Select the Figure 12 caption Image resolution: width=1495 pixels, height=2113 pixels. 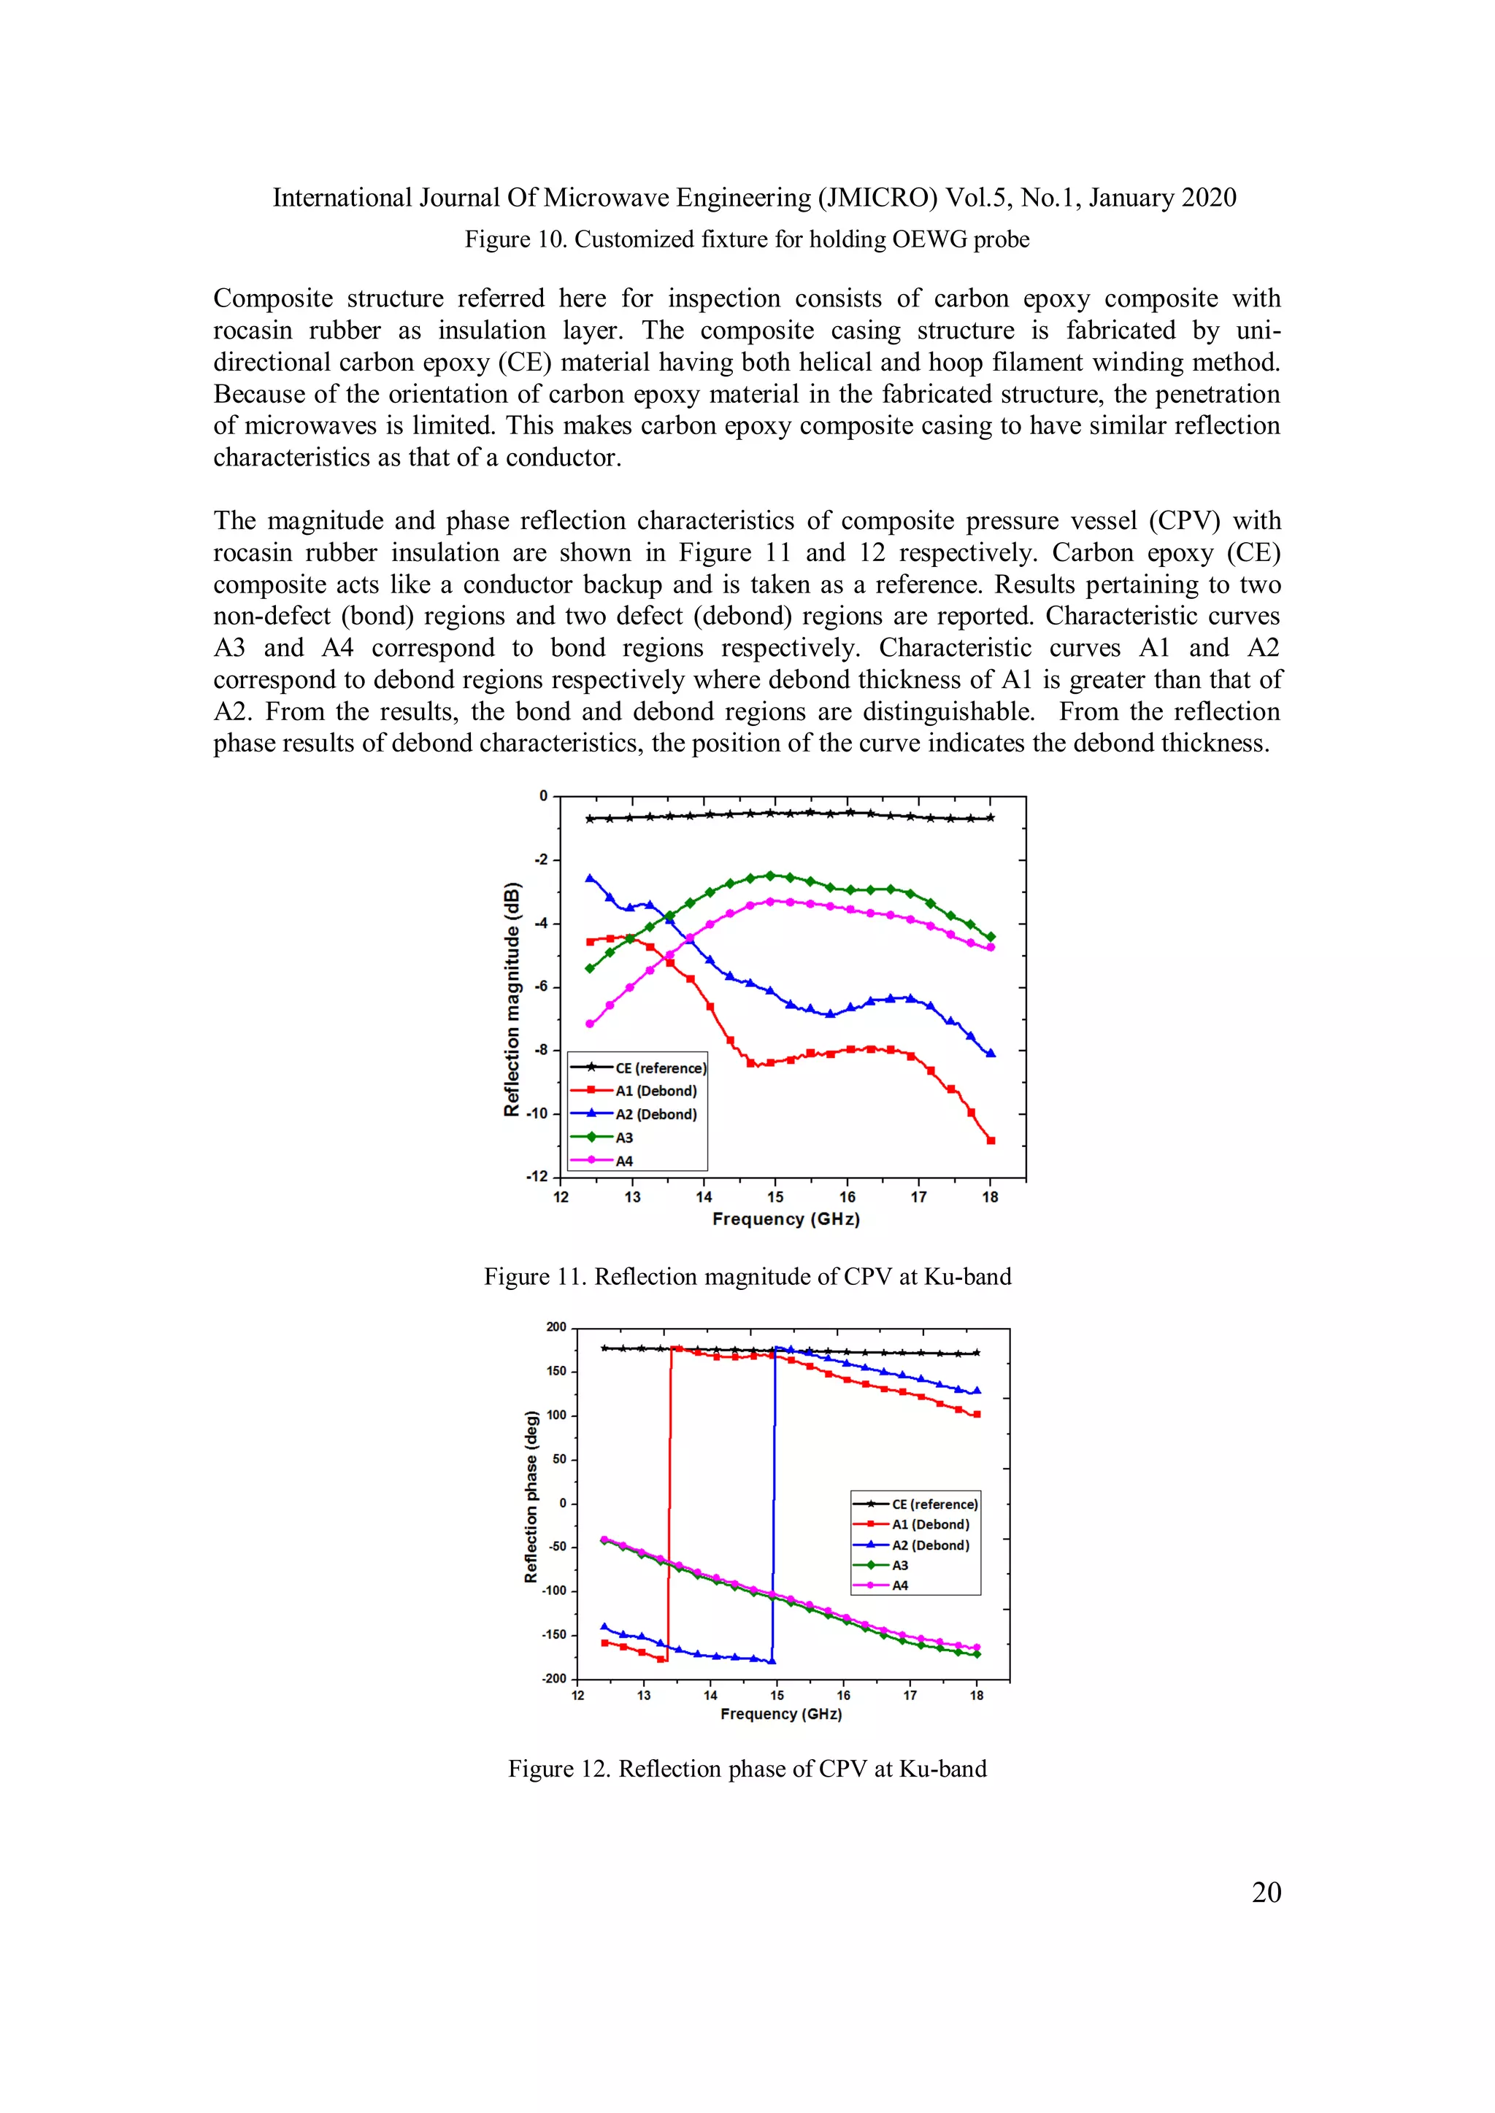pos(747,1769)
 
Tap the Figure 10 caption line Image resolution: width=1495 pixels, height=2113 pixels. pos(747,239)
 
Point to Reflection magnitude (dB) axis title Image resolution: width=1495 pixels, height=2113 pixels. pos(512,1000)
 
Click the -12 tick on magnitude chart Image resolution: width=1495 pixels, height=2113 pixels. pos(536,1177)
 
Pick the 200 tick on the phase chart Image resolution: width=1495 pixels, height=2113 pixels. pos(556,1327)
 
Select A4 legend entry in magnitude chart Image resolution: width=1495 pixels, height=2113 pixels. pos(624,1162)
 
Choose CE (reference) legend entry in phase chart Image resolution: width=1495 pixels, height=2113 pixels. pos(934,1504)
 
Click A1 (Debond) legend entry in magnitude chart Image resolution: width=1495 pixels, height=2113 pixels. pos(656,1092)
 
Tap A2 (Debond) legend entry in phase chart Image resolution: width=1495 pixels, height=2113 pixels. pos(930,1545)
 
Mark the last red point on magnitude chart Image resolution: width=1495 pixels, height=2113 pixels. pos(991,1140)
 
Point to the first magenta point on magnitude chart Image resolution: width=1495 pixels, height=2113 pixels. pos(590,1024)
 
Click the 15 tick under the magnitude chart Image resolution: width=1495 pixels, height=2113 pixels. pos(775,1197)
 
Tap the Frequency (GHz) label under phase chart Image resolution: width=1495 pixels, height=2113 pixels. pos(780,1714)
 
